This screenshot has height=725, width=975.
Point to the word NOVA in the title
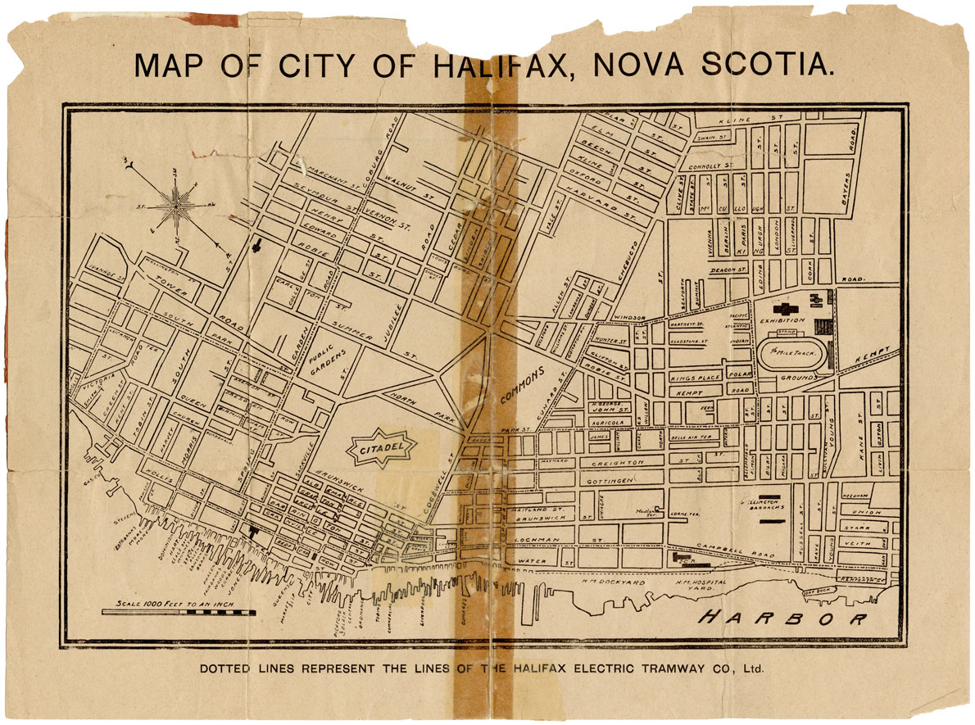(x=649, y=65)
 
